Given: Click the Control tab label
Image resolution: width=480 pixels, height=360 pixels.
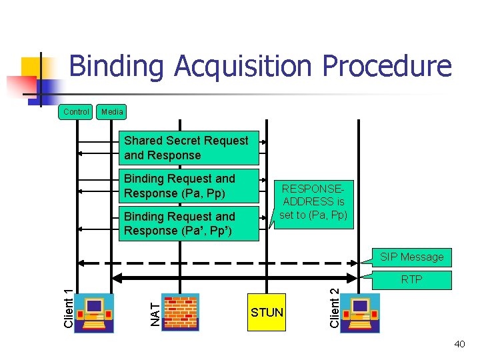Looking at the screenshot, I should pyautogui.click(x=76, y=112).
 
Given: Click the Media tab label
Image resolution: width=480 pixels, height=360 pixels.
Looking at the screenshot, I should pyautogui.click(x=112, y=112).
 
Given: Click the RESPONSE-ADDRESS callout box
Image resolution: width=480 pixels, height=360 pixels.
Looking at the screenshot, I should pyautogui.click(x=313, y=201).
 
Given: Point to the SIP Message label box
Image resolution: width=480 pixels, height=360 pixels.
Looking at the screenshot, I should pyautogui.click(x=411, y=257).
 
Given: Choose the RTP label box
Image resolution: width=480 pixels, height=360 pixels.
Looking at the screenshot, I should pyautogui.click(x=411, y=279).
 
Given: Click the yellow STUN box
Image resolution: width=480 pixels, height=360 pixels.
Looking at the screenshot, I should pyautogui.click(x=267, y=312).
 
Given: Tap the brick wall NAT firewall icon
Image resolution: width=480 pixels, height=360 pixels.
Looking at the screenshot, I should pyautogui.click(x=180, y=311).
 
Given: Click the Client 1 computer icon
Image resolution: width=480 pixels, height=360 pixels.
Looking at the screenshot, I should pyautogui.click(x=95, y=311).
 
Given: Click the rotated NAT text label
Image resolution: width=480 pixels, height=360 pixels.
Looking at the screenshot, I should pyautogui.click(x=155, y=314).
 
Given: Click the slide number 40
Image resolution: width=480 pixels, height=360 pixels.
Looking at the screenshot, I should pyautogui.click(x=459, y=344).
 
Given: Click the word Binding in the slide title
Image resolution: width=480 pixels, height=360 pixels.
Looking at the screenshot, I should pyautogui.click(x=117, y=67).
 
